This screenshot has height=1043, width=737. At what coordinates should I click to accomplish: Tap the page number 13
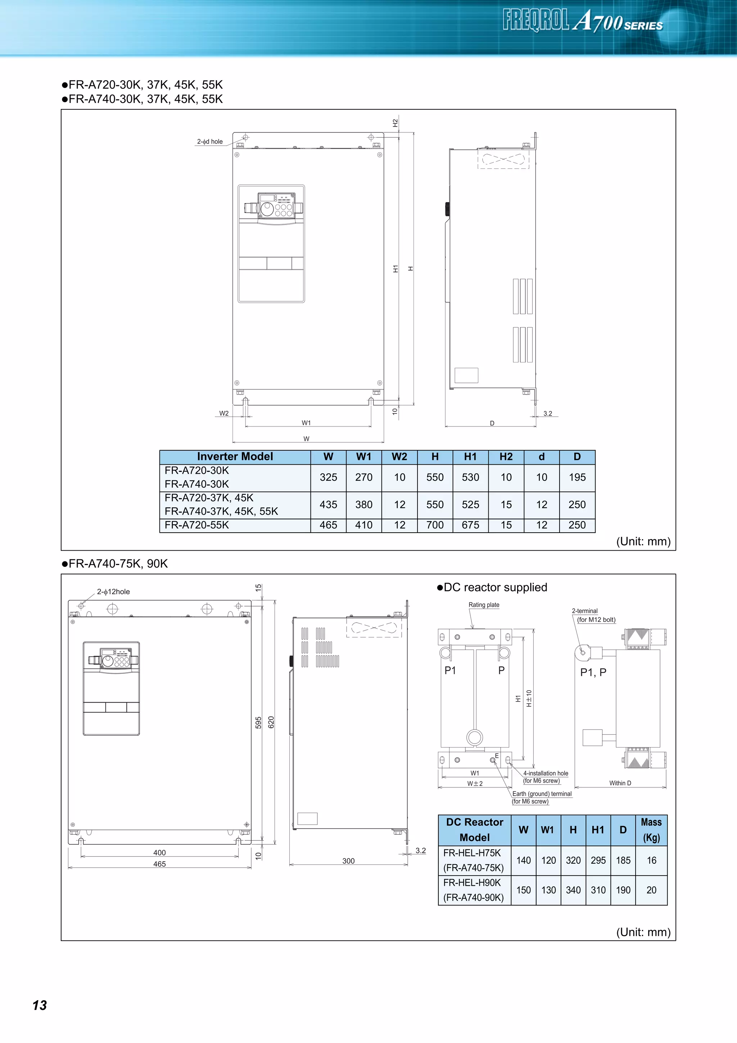[40, 1005]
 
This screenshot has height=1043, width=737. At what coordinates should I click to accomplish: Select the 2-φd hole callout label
[210, 142]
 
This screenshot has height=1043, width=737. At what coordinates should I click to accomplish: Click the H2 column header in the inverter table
[506, 457]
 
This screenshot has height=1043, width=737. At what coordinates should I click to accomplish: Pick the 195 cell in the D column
[577, 478]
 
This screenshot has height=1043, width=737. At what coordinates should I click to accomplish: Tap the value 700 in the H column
[435, 525]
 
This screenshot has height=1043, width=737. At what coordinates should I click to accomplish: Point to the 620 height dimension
[271, 722]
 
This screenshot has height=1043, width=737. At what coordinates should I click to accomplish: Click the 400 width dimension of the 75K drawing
[159, 853]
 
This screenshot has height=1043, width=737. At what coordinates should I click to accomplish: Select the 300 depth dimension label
[348, 861]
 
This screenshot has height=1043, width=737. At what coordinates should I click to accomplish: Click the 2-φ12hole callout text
[113, 591]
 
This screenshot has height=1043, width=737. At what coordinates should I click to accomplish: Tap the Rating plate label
[484, 605]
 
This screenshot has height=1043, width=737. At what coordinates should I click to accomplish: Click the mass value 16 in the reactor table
[651, 861]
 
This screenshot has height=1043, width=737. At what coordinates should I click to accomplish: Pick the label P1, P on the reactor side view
[593, 672]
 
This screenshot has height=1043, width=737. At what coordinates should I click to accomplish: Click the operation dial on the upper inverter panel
[267, 209]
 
